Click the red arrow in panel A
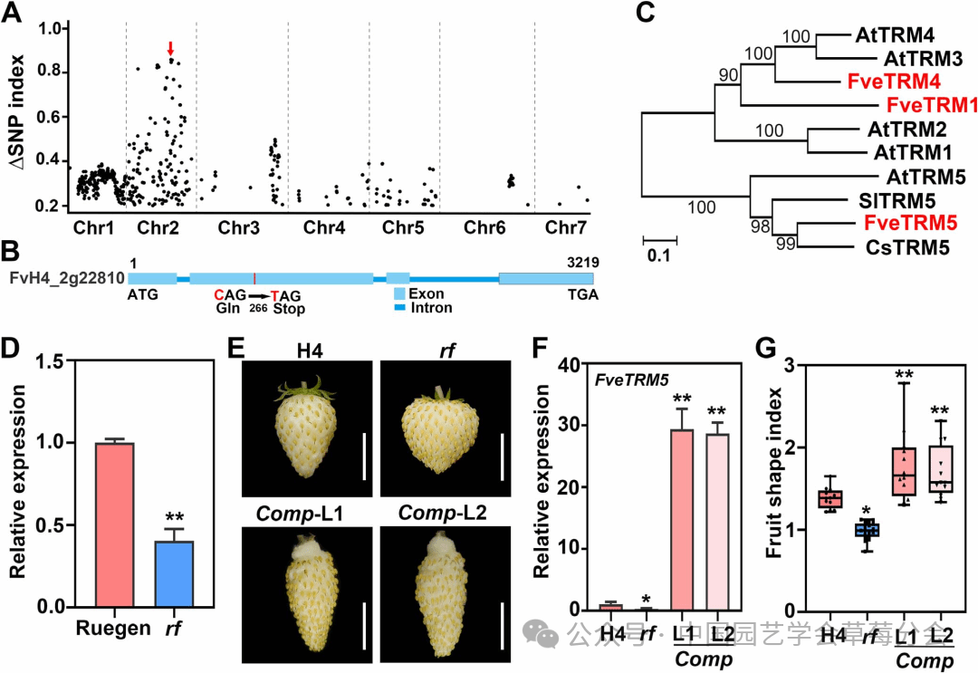point(169,48)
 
